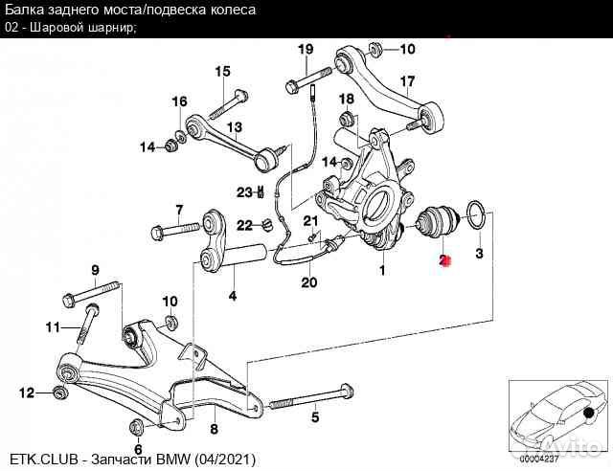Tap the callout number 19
(306, 50)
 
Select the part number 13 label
(234, 126)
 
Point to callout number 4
(232, 297)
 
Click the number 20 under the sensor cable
(308, 282)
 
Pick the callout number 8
(214, 429)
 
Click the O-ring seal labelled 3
(476, 213)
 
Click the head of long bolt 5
(347, 391)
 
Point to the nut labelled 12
(61, 392)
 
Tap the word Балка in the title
(28, 10)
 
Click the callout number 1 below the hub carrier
(383, 271)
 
